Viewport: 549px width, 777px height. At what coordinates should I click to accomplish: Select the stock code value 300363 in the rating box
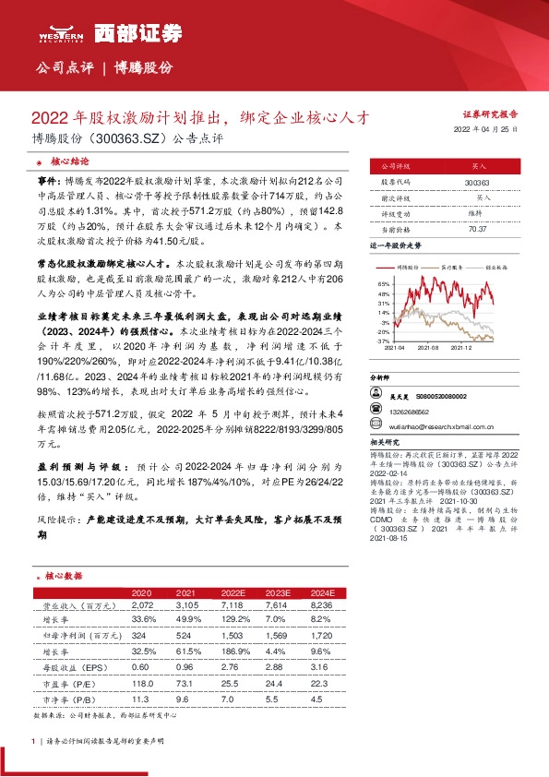pyautogui.click(x=477, y=184)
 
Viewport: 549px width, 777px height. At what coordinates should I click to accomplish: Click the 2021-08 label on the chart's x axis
pyautogui.click(x=427, y=347)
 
